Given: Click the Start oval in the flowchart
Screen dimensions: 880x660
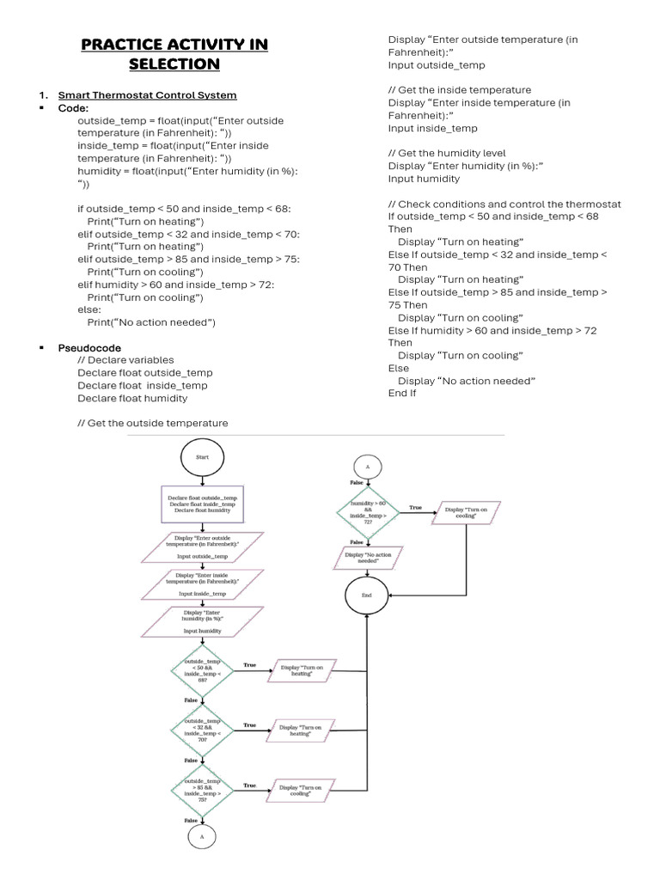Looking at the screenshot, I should point(202,458).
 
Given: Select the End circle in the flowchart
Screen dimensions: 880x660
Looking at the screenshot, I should point(367,595).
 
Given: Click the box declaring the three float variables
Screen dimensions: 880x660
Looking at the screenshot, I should point(202,504).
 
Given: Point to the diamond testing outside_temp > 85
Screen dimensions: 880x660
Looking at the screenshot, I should point(202,789).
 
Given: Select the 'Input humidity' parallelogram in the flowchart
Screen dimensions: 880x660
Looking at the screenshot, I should point(202,621).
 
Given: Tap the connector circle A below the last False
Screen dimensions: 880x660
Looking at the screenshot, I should point(202,835).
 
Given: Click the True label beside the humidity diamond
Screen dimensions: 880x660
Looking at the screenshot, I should point(415,507).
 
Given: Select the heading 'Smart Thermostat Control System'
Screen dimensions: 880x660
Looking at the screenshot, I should point(147,95).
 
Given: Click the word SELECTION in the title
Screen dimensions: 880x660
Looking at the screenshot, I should point(174,64).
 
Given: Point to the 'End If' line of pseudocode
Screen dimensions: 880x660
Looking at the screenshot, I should point(402,394).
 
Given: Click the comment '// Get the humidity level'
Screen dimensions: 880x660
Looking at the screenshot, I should point(447,153).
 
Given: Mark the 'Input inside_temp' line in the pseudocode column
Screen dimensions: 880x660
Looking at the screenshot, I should point(432,128).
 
